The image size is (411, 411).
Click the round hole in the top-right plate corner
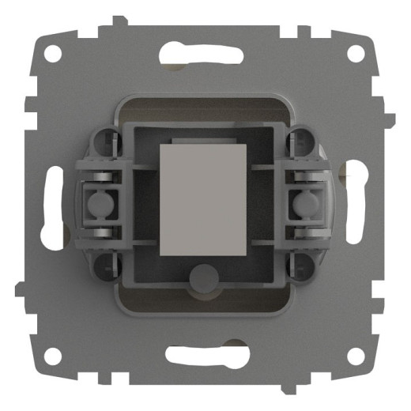tap(356, 55)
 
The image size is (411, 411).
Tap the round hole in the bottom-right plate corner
tap(356, 357)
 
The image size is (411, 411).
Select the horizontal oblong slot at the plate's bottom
tap(204, 356)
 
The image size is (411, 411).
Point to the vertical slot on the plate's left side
tap(55, 205)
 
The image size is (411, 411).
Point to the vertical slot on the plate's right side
tap(356, 205)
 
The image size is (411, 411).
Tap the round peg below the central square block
tap(204, 278)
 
